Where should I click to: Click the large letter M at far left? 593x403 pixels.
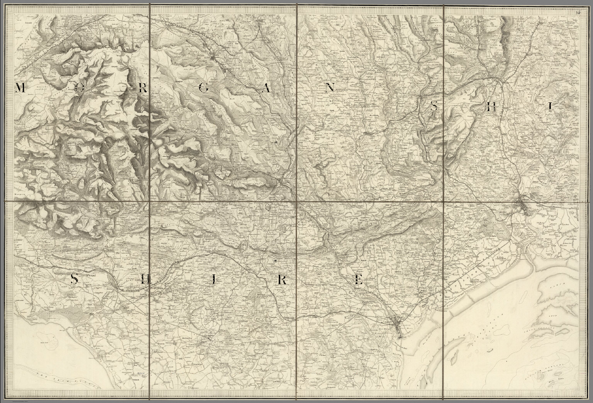20,88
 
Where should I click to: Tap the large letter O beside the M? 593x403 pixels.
80,88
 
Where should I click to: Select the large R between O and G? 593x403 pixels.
142,88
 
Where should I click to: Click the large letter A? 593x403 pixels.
266,88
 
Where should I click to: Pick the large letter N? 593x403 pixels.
329,88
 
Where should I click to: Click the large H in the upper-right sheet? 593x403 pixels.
491,108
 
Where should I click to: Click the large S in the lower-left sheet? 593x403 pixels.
75,279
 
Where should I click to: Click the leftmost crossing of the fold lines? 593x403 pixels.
150,202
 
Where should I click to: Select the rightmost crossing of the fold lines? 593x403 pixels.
444,202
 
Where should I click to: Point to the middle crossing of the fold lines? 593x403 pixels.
296,202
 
